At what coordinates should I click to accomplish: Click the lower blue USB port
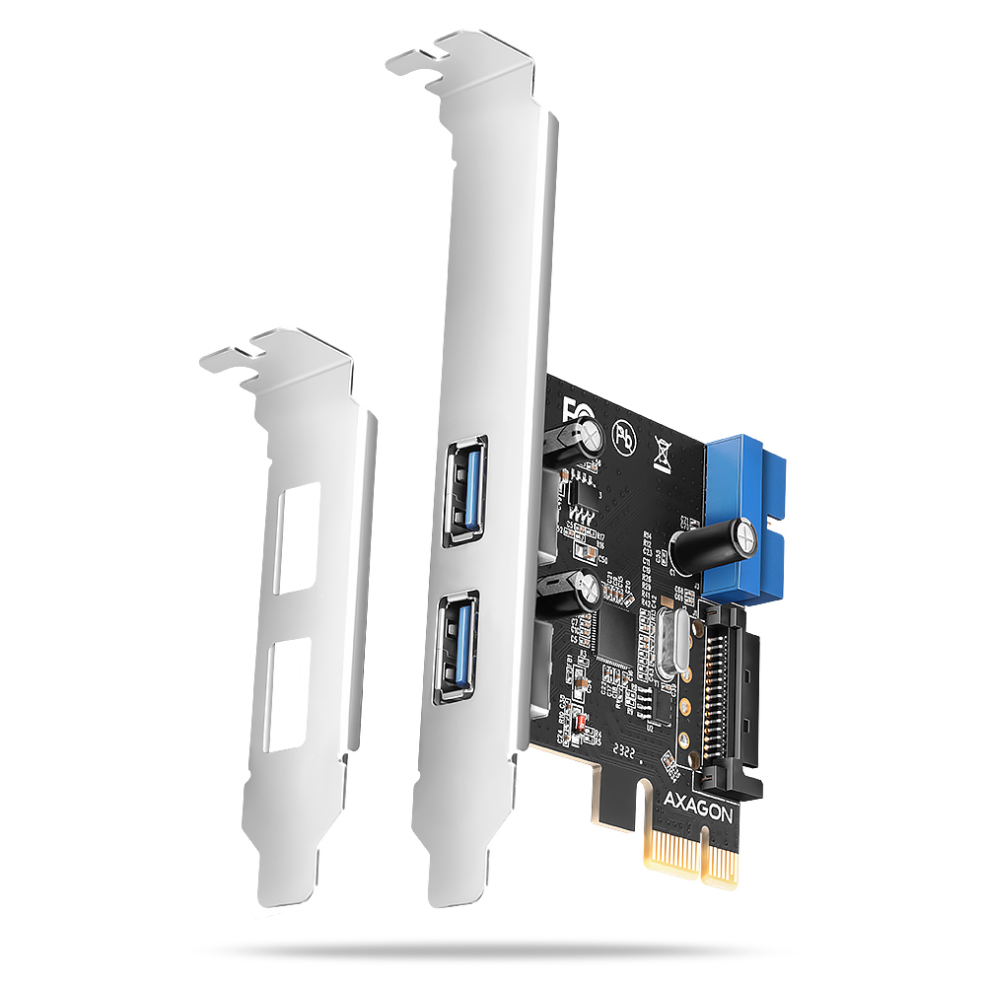pos(456,646)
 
